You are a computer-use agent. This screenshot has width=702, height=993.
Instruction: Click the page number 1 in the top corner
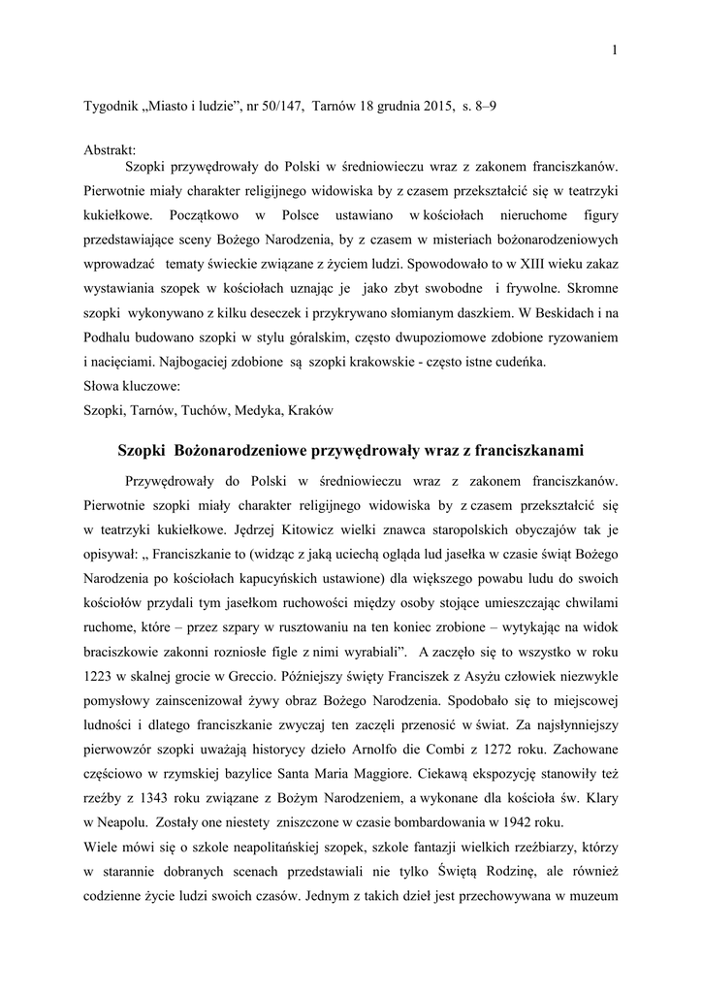[x=614, y=50]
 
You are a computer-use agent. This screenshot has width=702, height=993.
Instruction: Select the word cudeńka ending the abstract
[x=519, y=362]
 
